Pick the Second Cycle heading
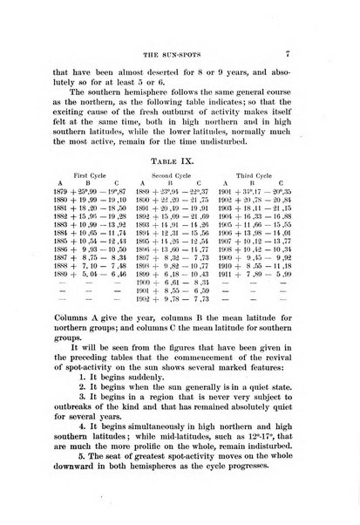coord(178,199)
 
